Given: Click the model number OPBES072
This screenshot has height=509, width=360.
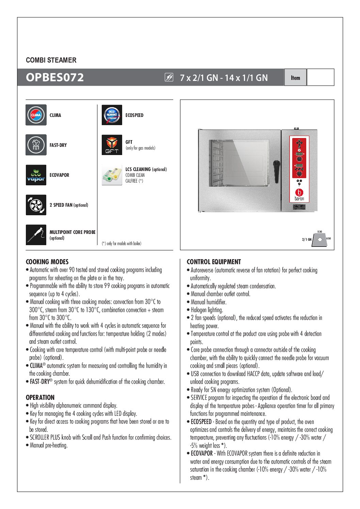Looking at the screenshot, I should click(x=55, y=78).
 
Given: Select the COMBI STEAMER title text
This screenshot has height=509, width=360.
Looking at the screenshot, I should click(x=51, y=60).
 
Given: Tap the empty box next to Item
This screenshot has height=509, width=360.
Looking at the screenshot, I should click(x=320, y=77).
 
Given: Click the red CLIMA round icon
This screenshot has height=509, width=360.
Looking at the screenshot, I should click(x=36, y=115).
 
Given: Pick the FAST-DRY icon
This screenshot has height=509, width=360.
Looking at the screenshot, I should click(x=36, y=145).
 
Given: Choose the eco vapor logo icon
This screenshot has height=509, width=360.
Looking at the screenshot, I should click(x=36, y=175).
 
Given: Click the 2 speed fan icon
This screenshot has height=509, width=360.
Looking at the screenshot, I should click(x=36, y=205).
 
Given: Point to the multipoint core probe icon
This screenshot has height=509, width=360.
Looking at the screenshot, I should click(x=36, y=235).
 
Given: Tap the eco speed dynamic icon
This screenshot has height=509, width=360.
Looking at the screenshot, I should click(x=112, y=115).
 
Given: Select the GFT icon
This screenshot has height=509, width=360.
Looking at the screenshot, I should click(x=112, y=145).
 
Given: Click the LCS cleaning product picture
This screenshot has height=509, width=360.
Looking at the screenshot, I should click(x=112, y=175).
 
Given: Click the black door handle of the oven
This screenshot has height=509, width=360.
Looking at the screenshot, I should click(x=276, y=167).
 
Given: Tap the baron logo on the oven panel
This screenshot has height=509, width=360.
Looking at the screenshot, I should click(x=299, y=195).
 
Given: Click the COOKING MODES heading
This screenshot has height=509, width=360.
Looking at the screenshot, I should click(x=47, y=262).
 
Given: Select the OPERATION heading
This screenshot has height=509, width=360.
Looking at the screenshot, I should click(x=40, y=397).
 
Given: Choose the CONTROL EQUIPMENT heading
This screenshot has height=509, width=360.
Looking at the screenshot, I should click(x=214, y=262).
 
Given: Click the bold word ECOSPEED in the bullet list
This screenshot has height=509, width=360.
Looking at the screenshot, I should click(x=201, y=422).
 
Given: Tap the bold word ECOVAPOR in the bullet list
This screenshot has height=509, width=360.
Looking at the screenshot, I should click(x=202, y=454).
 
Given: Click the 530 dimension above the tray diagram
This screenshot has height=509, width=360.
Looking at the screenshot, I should click(x=320, y=232).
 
